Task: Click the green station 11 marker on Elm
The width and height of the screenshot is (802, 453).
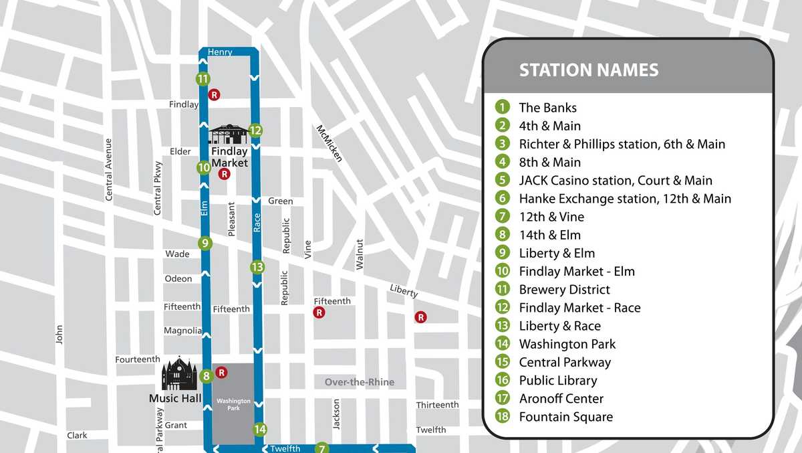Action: click(203, 79)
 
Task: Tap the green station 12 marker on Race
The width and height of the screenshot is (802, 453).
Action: click(255, 130)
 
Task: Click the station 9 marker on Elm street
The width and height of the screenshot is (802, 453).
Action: click(205, 244)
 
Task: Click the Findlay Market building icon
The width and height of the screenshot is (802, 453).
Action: click(229, 134)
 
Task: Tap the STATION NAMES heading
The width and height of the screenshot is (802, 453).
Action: click(589, 70)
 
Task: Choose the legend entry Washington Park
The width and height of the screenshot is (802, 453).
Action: click(567, 344)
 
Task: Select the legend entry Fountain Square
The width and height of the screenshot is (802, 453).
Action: click(565, 417)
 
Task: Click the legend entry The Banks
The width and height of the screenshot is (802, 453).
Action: click(547, 108)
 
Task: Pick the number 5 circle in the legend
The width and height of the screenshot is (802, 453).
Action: click(503, 180)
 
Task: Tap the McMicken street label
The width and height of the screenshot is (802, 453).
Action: click(329, 143)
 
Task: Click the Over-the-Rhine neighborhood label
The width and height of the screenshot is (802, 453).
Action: click(360, 382)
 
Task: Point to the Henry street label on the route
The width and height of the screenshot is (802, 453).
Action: click(220, 52)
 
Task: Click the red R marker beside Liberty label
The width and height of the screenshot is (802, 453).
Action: click(420, 317)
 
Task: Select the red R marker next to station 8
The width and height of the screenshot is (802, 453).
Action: click(222, 372)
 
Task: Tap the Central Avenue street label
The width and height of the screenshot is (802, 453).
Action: click(109, 169)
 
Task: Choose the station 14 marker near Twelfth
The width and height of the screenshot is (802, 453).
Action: click(260, 430)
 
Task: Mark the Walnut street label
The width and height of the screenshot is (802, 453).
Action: click(360, 254)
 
